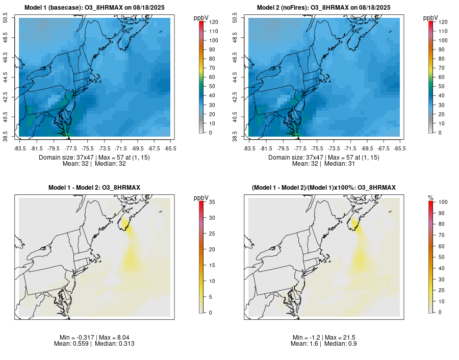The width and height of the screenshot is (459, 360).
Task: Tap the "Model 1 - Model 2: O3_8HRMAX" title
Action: point(94,188)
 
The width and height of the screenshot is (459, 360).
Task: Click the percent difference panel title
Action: point(324,188)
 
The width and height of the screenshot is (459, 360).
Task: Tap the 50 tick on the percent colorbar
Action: point(441,257)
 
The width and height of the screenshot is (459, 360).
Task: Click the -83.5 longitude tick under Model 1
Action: point(19,148)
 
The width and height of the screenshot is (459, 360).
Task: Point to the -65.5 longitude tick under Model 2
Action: point(400,148)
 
